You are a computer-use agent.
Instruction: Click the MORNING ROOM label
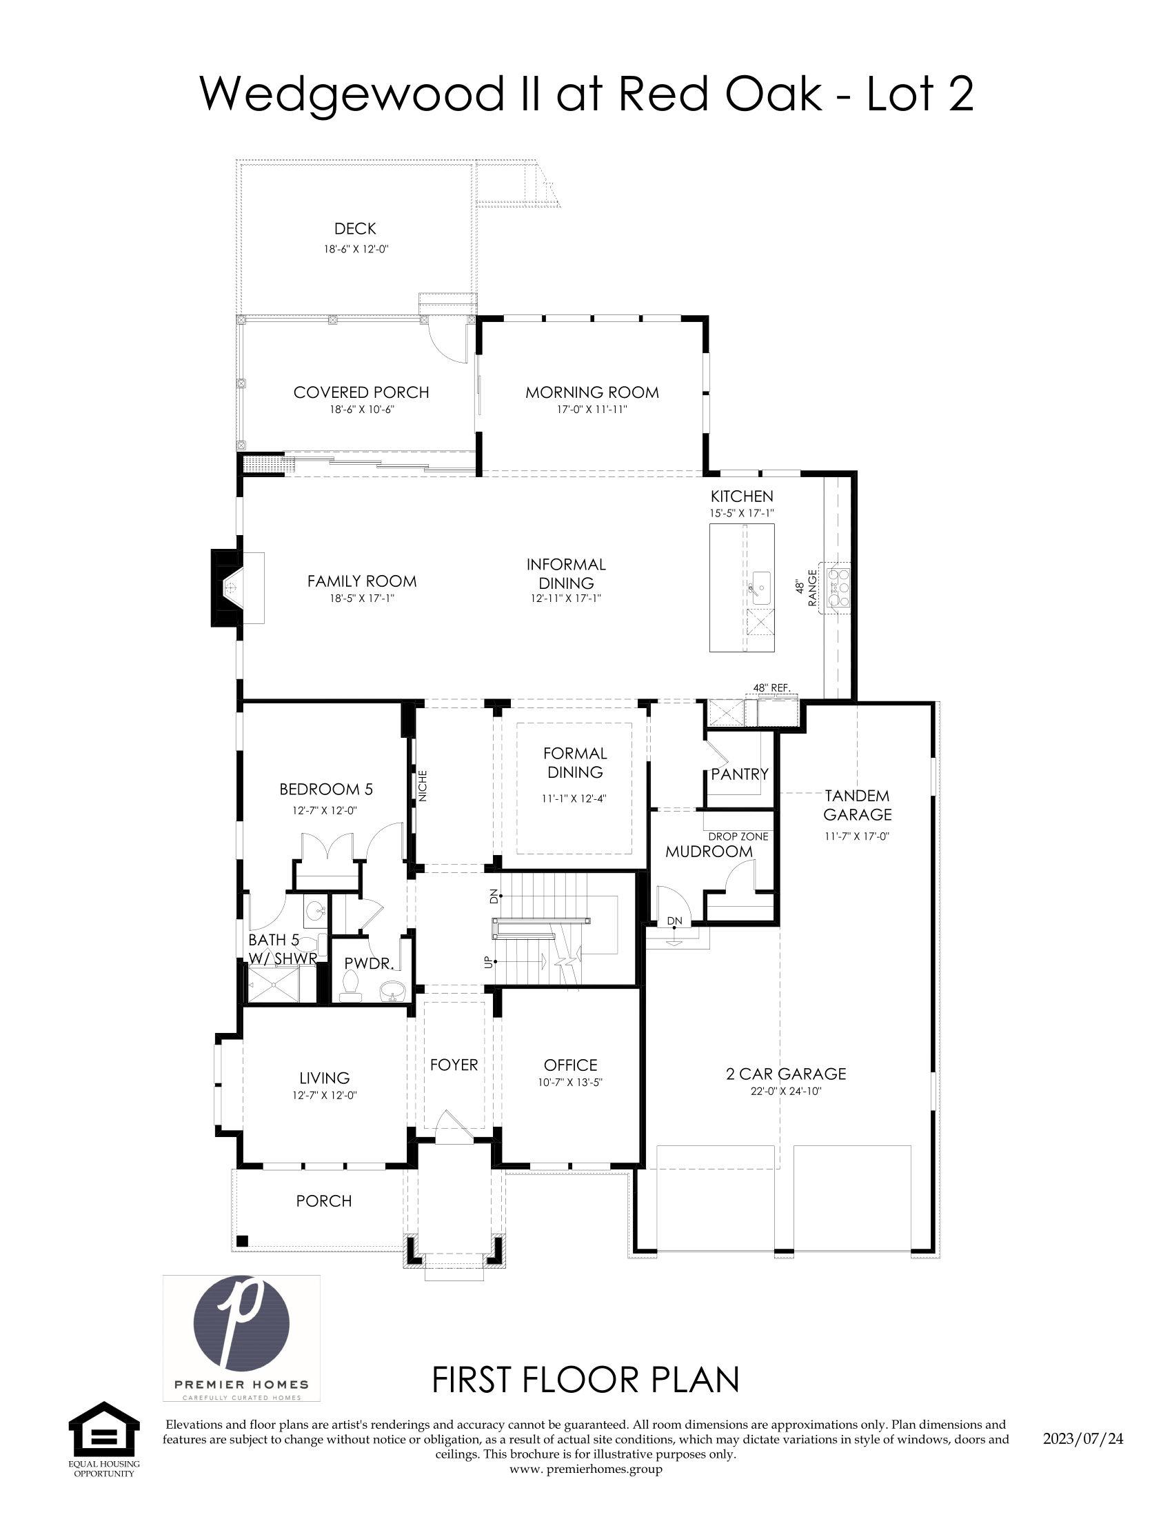(592, 392)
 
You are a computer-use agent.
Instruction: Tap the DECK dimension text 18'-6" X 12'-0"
(356, 249)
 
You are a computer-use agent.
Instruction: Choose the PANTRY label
(740, 774)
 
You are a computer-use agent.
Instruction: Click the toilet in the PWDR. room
(352, 985)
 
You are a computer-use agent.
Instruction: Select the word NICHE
(423, 786)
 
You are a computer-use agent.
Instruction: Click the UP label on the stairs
(487, 963)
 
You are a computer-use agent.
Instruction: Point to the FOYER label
(454, 1065)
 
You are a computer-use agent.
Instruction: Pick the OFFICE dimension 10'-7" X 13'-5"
(570, 1082)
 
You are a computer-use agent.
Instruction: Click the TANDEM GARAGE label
(858, 805)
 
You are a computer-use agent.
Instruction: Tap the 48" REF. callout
(771, 687)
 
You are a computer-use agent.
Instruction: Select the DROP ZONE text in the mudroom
(738, 836)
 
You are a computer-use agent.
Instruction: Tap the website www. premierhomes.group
(585, 1469)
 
